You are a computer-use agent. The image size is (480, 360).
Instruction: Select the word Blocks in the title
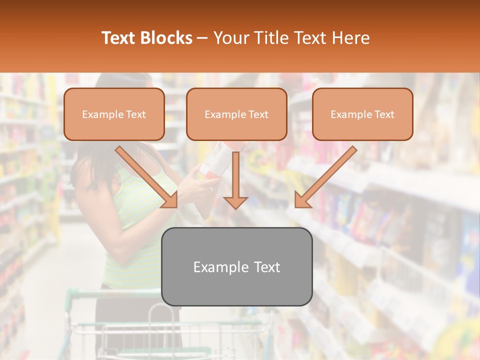[x=166, y=38]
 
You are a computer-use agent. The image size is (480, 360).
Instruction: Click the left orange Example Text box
[x=114, y=114]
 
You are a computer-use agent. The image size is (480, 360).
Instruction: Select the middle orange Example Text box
[x=236, y=114]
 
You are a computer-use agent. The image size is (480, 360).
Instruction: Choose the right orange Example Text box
[x=362, y=114]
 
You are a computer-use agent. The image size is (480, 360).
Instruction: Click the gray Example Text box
[x=237, y=266]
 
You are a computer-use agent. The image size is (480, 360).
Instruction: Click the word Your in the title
[x=229, y=38]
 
